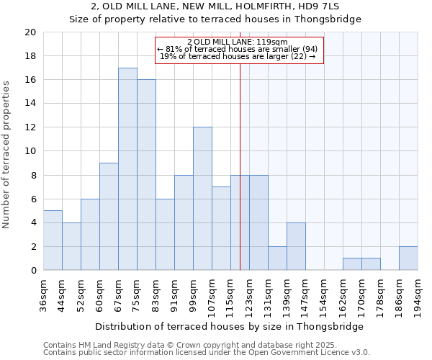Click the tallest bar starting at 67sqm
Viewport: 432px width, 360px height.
tap(127, 169)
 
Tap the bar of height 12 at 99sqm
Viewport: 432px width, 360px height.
tap(202, 199)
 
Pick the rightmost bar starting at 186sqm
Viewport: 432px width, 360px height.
tap(408, 258)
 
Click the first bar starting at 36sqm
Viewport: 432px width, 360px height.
tap(53, 240)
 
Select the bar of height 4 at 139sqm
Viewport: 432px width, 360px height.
tap(296, 246)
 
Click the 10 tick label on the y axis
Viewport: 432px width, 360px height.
tap(30, 151)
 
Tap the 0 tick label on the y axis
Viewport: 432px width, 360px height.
tap(33, 271)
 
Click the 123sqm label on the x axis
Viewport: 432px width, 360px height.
tap(250, 294)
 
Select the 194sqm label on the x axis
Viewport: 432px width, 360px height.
tap(418, 294)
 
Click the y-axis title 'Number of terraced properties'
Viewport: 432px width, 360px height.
tap(7, 154)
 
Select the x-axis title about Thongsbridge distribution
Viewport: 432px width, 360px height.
tap(230, 326)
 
